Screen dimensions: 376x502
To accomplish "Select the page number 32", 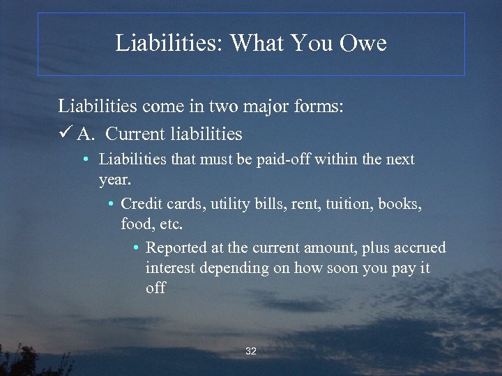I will click(251, 351).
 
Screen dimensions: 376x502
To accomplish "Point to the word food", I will click(135, 224).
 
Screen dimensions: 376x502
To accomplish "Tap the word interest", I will click(172, 267).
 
